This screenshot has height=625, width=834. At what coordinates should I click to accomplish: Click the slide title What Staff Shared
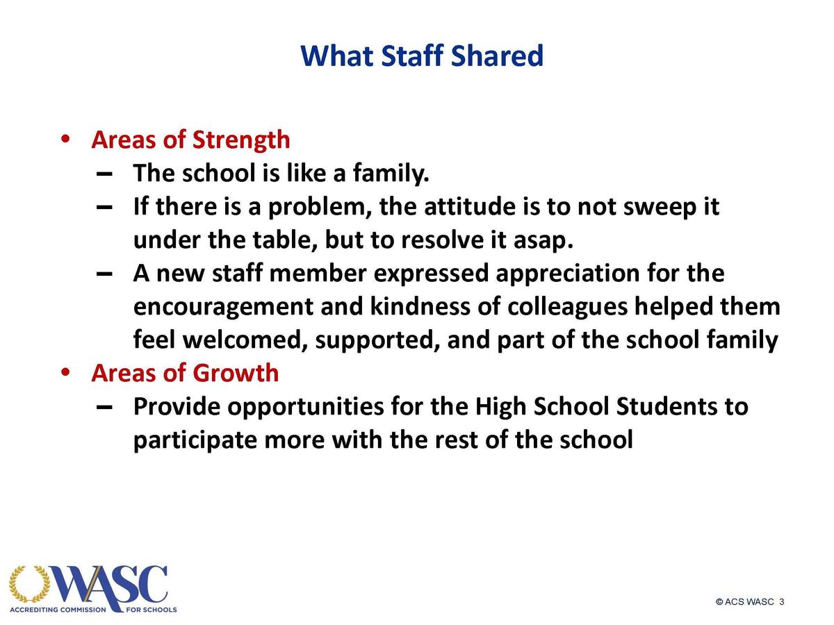tap(422, 56)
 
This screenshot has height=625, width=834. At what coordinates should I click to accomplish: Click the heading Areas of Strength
tap(190, 140)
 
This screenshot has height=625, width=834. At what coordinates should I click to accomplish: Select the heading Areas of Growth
tap(186, 373)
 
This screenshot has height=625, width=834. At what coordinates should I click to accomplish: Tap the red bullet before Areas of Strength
tap(65, 139)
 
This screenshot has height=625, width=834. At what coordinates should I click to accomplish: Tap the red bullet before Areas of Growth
tap(65, 372)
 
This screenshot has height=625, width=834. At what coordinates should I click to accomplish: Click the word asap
tap(543, 241)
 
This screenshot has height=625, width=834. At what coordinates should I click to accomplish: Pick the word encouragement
tap(223, 308)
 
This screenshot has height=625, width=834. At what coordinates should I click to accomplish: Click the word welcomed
tap(245, 340)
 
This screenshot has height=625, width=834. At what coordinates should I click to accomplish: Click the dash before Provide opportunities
tap(104, 407)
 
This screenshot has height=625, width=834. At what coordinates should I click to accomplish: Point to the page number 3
tap(782, 601)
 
